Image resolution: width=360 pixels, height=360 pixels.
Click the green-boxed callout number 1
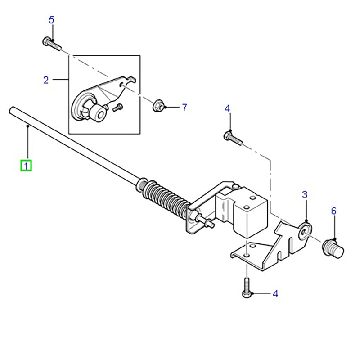pos(26,166)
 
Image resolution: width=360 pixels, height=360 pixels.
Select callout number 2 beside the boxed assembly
pos(46,80)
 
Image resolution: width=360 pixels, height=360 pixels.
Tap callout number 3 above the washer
pos(305,194)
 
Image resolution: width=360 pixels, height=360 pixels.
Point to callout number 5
pos(52,20)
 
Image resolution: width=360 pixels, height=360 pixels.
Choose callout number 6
pos(333,211)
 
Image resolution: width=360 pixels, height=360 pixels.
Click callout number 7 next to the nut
pos(184,108)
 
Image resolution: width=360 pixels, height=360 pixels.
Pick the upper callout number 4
pos(227,108)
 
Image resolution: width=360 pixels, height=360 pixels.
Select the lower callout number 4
pos(275,294)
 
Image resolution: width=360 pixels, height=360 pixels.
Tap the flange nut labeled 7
pos(158,106)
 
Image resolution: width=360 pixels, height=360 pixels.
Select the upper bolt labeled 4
pos(233,138)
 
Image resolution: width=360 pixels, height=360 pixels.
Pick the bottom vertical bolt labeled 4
pos(246,288)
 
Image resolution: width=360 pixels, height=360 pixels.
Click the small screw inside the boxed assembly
pos(118,107)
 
